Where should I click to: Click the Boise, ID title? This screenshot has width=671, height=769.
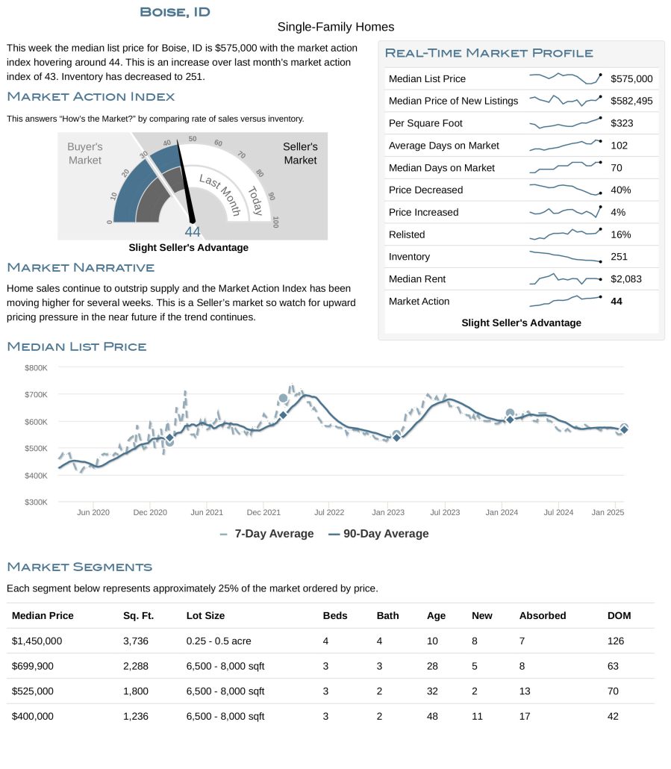[175, 12]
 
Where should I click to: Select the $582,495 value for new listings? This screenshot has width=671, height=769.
[631, 101]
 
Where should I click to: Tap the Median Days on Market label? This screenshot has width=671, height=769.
[442, 168]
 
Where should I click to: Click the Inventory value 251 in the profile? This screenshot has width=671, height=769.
[619, 257]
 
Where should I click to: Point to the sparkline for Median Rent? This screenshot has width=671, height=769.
[566, 278]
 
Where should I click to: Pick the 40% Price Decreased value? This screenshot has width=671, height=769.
[620, 190]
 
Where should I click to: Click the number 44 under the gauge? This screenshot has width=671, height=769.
[193, 232]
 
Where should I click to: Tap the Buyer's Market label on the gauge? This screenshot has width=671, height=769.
[85, 154]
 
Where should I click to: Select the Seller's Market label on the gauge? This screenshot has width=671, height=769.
[300, 154]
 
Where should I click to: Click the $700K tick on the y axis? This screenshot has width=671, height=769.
[36, 394]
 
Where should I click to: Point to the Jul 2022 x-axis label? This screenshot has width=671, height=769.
[329, 512]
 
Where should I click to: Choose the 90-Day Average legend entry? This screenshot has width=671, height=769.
[378, 534]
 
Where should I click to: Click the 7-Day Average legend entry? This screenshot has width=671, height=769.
[267, 534]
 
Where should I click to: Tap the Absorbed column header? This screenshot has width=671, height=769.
[543, 615]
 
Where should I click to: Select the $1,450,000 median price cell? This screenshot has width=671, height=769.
[37, 641]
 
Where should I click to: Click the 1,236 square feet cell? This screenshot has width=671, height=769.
[135, 716]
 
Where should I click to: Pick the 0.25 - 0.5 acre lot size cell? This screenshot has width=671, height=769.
[219, 641]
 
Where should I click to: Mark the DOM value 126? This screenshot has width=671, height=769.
[616, 641]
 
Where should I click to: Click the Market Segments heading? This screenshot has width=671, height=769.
[79, 567]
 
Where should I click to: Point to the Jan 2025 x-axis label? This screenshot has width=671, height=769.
[608, 512]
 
